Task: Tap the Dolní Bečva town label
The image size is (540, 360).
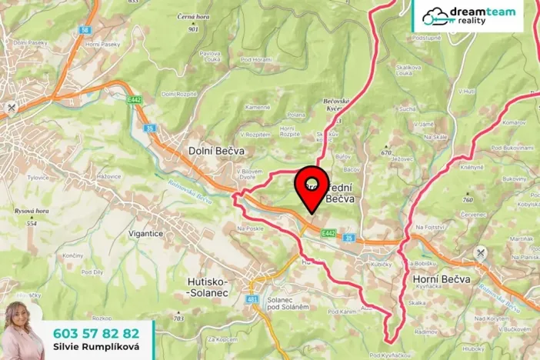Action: click(216, 152)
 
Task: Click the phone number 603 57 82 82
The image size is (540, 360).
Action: click(96, 333)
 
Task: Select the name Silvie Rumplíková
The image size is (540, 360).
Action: click(96, 348)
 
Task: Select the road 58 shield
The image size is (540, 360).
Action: click(84, 29)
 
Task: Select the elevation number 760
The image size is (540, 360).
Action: click(468, 199)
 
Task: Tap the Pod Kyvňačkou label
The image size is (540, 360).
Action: click(386, 355)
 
